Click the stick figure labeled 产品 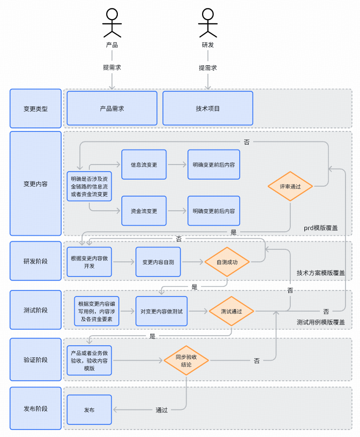pos(112,23)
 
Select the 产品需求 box pos(112,108)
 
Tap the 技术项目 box pos(208,108)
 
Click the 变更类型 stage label pos(35,108)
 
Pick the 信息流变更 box pos(144,164)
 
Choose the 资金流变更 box pos(144,211)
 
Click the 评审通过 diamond pos(290,187)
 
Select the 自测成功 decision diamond pos(227,261)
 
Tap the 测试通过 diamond pos(231,311)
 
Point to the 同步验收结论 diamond pos(186,360)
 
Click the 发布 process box pos(89,410)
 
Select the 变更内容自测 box pos(158,261)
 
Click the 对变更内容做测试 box pos(161,311)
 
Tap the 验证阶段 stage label pos(35,360)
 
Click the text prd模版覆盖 pos(320,228)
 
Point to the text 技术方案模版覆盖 pos(320,273)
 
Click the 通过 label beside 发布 pos(161,410)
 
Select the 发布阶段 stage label pos(35,408)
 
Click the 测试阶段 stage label pos(35,310)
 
